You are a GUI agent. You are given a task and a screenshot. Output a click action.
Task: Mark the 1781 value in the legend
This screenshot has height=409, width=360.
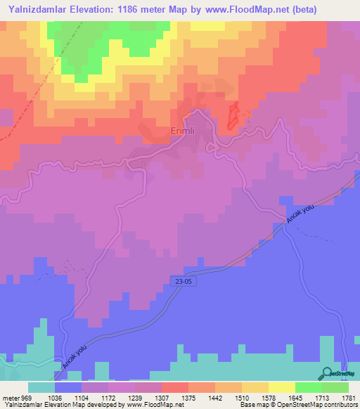pyautogui.click(x=349, y=397)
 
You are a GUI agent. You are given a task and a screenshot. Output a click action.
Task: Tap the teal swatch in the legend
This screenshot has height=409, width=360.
pyautogui.click(x=41, y=387)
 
